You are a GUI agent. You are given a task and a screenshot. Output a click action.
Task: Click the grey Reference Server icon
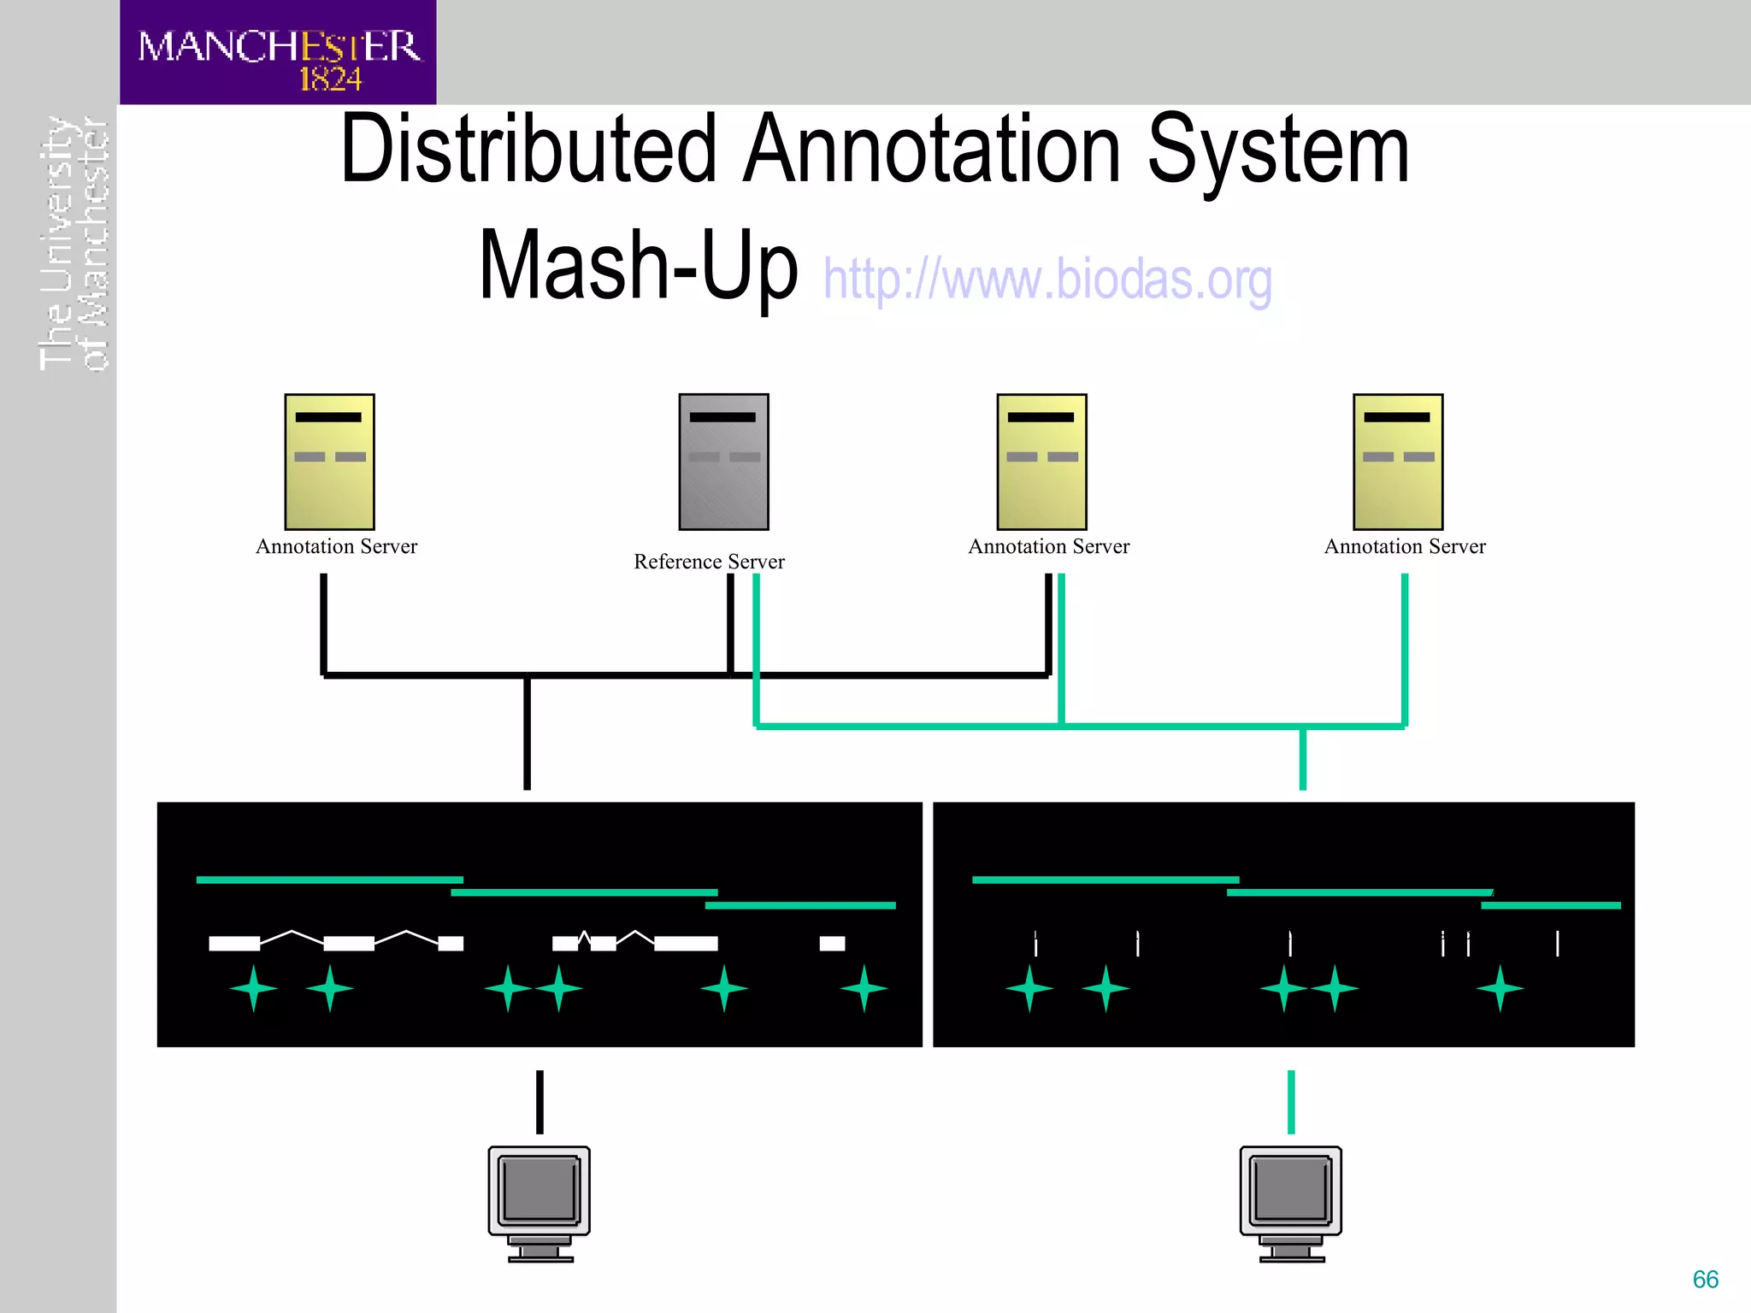click(x=723, y=462)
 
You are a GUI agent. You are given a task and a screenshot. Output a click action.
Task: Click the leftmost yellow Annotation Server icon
click(x=329, y=462)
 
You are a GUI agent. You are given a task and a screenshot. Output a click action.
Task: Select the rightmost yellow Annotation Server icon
click(x=1398, y=462)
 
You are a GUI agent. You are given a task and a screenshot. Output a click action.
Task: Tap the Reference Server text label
click(x=709, y=562)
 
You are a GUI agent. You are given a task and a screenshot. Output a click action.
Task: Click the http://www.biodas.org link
click(x=1047, y=280)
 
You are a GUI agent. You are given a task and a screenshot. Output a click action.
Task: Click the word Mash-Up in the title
click(x=638, y=266)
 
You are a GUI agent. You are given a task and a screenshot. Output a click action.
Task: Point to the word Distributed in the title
click(x=528, y=150)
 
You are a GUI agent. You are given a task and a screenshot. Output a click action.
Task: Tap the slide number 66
click(x=1705, y=1280)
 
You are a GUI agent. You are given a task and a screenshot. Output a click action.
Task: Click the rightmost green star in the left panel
click(x=864, y=988)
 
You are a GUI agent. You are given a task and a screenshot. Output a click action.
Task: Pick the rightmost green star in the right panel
click(x=1500, y=988)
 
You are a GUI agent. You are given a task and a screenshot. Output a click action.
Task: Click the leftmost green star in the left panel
click(x=253, y=988)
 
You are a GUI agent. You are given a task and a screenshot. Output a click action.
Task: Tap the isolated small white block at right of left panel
click(x=832, y=944)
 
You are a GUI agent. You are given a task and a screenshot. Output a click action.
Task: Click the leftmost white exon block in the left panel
click(x=234, y=944)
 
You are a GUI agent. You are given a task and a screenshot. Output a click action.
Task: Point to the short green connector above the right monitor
click(x=1291, y=1102)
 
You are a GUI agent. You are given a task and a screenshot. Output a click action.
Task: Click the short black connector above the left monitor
click(x=539, y=1102)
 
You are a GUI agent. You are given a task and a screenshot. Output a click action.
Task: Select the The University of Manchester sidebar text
click(x=74, y=244)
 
